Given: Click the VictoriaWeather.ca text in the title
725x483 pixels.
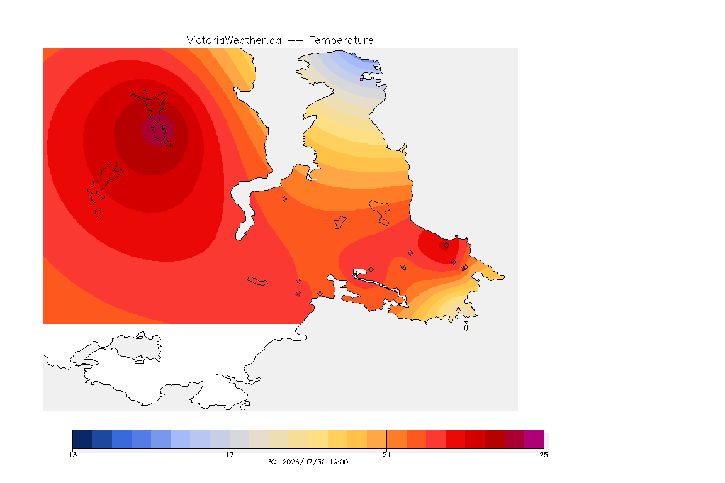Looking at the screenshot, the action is (234, 41).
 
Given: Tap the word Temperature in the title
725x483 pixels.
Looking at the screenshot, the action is (341, 41).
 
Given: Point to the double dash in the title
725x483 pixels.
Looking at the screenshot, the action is (295, 41).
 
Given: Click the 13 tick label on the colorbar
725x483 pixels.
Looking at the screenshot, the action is (73, 455).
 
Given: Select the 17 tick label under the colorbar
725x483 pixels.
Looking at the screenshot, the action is (230, 455).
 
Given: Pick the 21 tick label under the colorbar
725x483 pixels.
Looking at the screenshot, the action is (386, 455).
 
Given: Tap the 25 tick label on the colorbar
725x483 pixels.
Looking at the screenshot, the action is (544, 455).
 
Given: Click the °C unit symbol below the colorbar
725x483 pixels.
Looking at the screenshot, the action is (272, 462).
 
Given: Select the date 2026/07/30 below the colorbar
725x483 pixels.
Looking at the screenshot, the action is (302, 462).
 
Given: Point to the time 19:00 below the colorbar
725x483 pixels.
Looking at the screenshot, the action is (339, 462).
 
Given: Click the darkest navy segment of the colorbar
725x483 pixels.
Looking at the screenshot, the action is (82, 439).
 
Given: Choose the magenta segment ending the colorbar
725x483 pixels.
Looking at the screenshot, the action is (534, 439).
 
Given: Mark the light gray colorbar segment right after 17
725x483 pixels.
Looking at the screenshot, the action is (240, 439).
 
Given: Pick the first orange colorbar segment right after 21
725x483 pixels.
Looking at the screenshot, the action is (396, 439).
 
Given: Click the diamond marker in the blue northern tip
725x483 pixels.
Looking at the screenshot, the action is (362, 79).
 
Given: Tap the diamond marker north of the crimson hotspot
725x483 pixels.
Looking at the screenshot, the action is (145, 92).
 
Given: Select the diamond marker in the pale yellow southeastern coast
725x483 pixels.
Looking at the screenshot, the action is (458, 309).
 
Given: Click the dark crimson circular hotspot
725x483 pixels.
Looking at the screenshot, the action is (158, 130).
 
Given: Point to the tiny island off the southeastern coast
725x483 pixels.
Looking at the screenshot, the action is (466, 326).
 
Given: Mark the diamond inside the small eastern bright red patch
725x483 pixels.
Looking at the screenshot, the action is (446, 245).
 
